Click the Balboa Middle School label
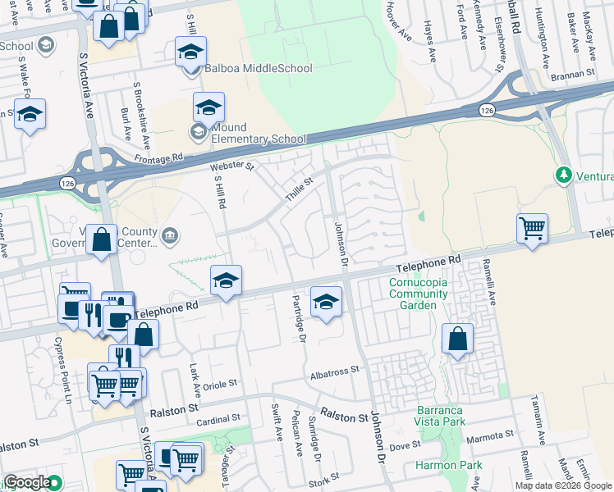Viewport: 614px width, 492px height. (x=259, y=68)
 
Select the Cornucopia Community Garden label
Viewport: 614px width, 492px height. (x=419, y=289)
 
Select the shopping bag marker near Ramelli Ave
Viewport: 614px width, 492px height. (x=457, y=338)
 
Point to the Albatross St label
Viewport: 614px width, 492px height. (x=335, y=371)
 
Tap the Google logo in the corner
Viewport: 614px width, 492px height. (x=27, y=483)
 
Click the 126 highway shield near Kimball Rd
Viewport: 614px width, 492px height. (x=487, y=109)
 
